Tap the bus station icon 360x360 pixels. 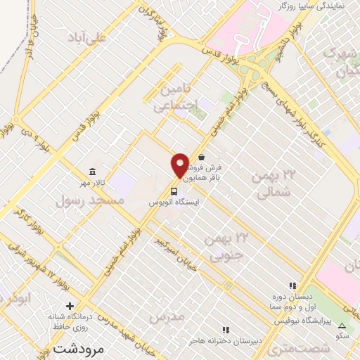(173, 190)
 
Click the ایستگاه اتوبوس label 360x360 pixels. (174, 202)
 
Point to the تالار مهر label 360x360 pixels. (91, 183)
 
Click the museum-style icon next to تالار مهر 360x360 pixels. (91, 172)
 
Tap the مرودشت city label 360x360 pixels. (78, 349)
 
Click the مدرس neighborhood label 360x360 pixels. (167, 316)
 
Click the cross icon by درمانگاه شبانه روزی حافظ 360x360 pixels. (70, 306)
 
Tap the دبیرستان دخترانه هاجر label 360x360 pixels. (225, 340)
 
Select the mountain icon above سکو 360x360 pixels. (342, 326)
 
